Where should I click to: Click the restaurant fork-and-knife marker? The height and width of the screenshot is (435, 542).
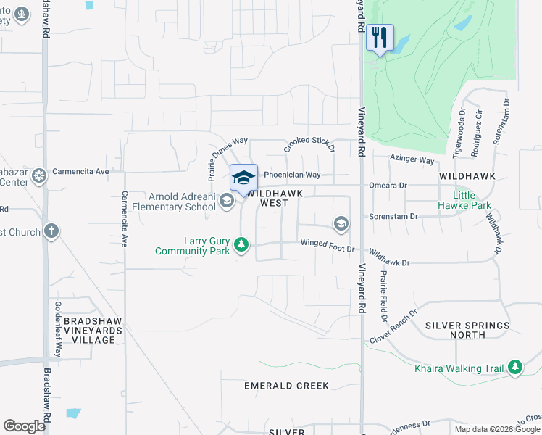click(x=380, y=37)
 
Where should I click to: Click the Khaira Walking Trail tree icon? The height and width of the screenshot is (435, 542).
click(x=514, y=368)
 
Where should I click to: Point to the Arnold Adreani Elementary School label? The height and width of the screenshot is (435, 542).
click(x=183, y=201)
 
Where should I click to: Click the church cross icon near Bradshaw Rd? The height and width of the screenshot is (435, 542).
click(x=51, y=231)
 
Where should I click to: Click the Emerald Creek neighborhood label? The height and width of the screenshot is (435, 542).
click(x=286, y=386)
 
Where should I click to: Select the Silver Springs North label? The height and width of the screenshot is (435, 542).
click(x=465, y=330)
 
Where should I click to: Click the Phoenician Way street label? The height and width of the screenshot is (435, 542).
click(x=292, y=175)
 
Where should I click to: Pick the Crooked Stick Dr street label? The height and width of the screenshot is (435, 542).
click(x=309, y=144)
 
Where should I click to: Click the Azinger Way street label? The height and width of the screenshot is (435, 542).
click(x=412, y=159)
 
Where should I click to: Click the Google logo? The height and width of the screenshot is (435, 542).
click(x=24, y=426)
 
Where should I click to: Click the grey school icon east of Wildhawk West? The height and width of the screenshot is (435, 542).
click(x=341, y=223)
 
